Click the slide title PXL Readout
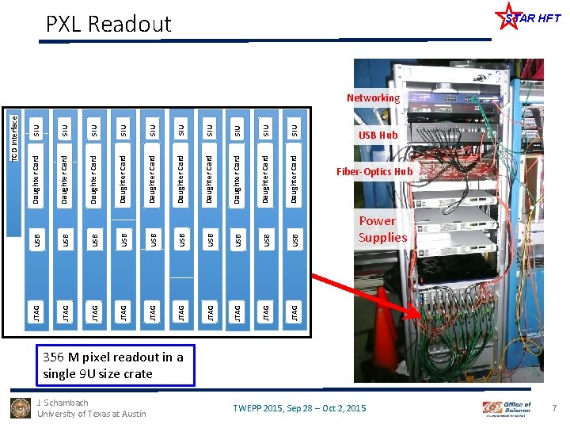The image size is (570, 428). coord(108,25)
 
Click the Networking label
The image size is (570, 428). coord(373,98)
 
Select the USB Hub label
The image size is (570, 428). coord(378,136)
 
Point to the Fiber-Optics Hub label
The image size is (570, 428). coord(374,171)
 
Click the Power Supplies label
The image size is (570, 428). coord(382,229)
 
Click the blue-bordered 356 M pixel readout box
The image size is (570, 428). coord(113,365)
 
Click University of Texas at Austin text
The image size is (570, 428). coord(91,414)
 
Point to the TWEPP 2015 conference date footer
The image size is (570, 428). coord(299,408)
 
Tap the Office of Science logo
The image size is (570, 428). coord(507,408)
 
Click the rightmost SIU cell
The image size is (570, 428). coord(294,128)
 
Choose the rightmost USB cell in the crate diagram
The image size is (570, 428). coord(294,237)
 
